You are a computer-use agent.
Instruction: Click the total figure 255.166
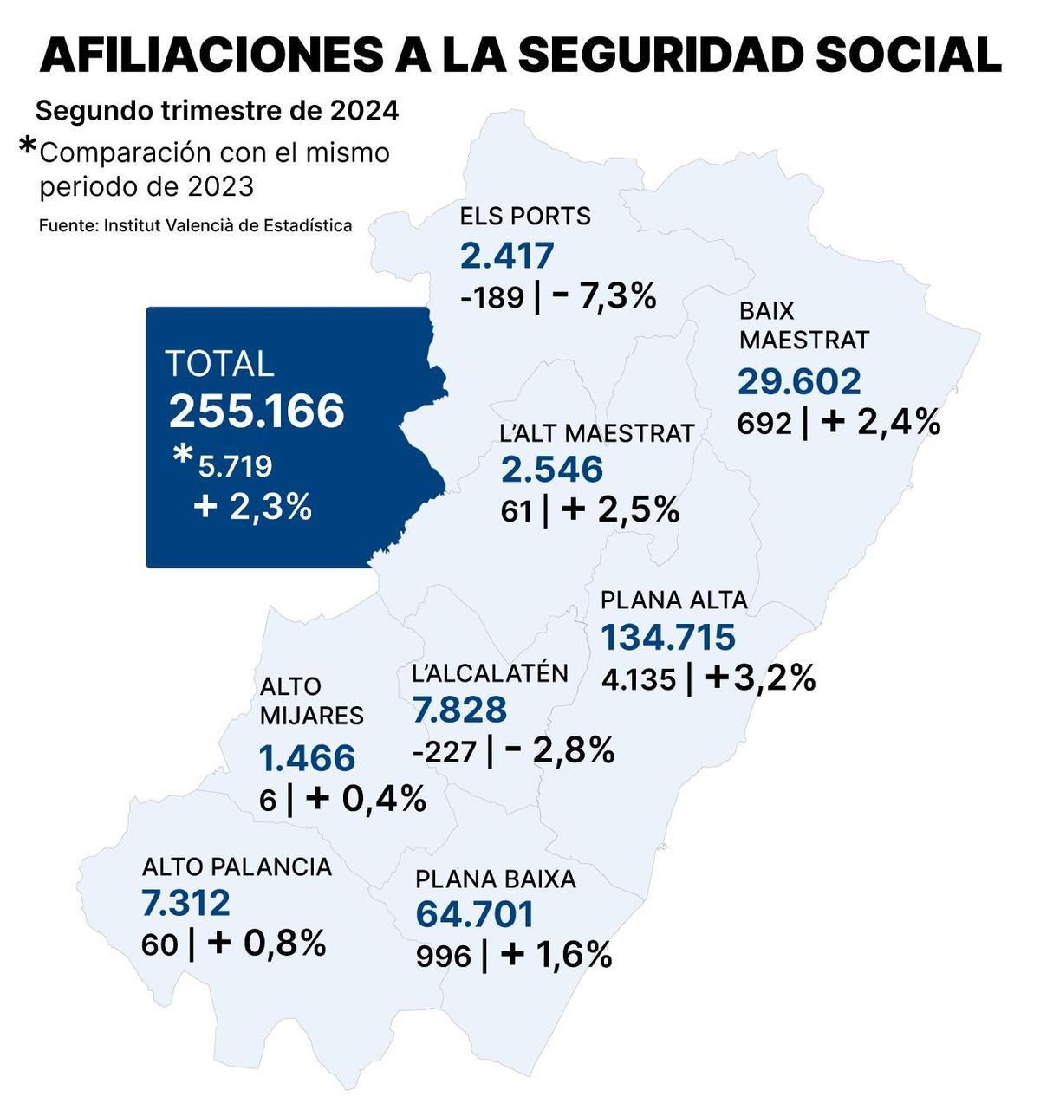257,411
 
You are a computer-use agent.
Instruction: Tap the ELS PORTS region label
525,216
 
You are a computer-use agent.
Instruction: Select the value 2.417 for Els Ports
507,256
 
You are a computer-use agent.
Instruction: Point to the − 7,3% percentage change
604,297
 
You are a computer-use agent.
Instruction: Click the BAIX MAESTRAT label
803,326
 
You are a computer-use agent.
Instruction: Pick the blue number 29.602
799,381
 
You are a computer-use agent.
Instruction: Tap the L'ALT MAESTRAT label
597,432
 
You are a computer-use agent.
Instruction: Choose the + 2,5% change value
621,509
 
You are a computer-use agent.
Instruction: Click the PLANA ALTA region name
673,600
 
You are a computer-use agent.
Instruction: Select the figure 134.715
668,637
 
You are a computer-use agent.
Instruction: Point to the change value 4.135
638,679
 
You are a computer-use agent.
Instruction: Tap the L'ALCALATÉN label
490,673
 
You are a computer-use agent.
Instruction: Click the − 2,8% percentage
559,750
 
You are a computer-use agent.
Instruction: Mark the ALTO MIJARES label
311,701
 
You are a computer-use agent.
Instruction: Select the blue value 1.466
308,758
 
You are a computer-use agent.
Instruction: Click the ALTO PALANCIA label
237,866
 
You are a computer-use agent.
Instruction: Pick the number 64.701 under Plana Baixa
475,914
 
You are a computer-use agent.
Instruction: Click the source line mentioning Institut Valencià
196,225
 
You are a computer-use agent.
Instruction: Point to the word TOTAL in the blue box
219,364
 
